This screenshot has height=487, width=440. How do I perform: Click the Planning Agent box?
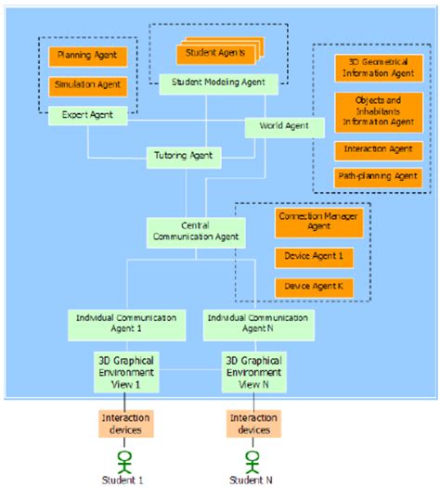(x=86, y=57)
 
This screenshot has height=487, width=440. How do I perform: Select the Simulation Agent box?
(x=86, y=85)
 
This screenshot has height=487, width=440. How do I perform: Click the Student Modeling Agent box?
(x=218, y=83)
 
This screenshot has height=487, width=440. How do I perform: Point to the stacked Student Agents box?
(x=216, y=52)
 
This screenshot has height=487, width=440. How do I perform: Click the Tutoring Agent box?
(x=185, y=158)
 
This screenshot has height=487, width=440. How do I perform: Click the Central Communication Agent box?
(x=195, y=231)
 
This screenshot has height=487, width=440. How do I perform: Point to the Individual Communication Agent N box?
(x=258, y=323)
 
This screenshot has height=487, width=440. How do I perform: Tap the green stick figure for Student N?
(x=250, y=459)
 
